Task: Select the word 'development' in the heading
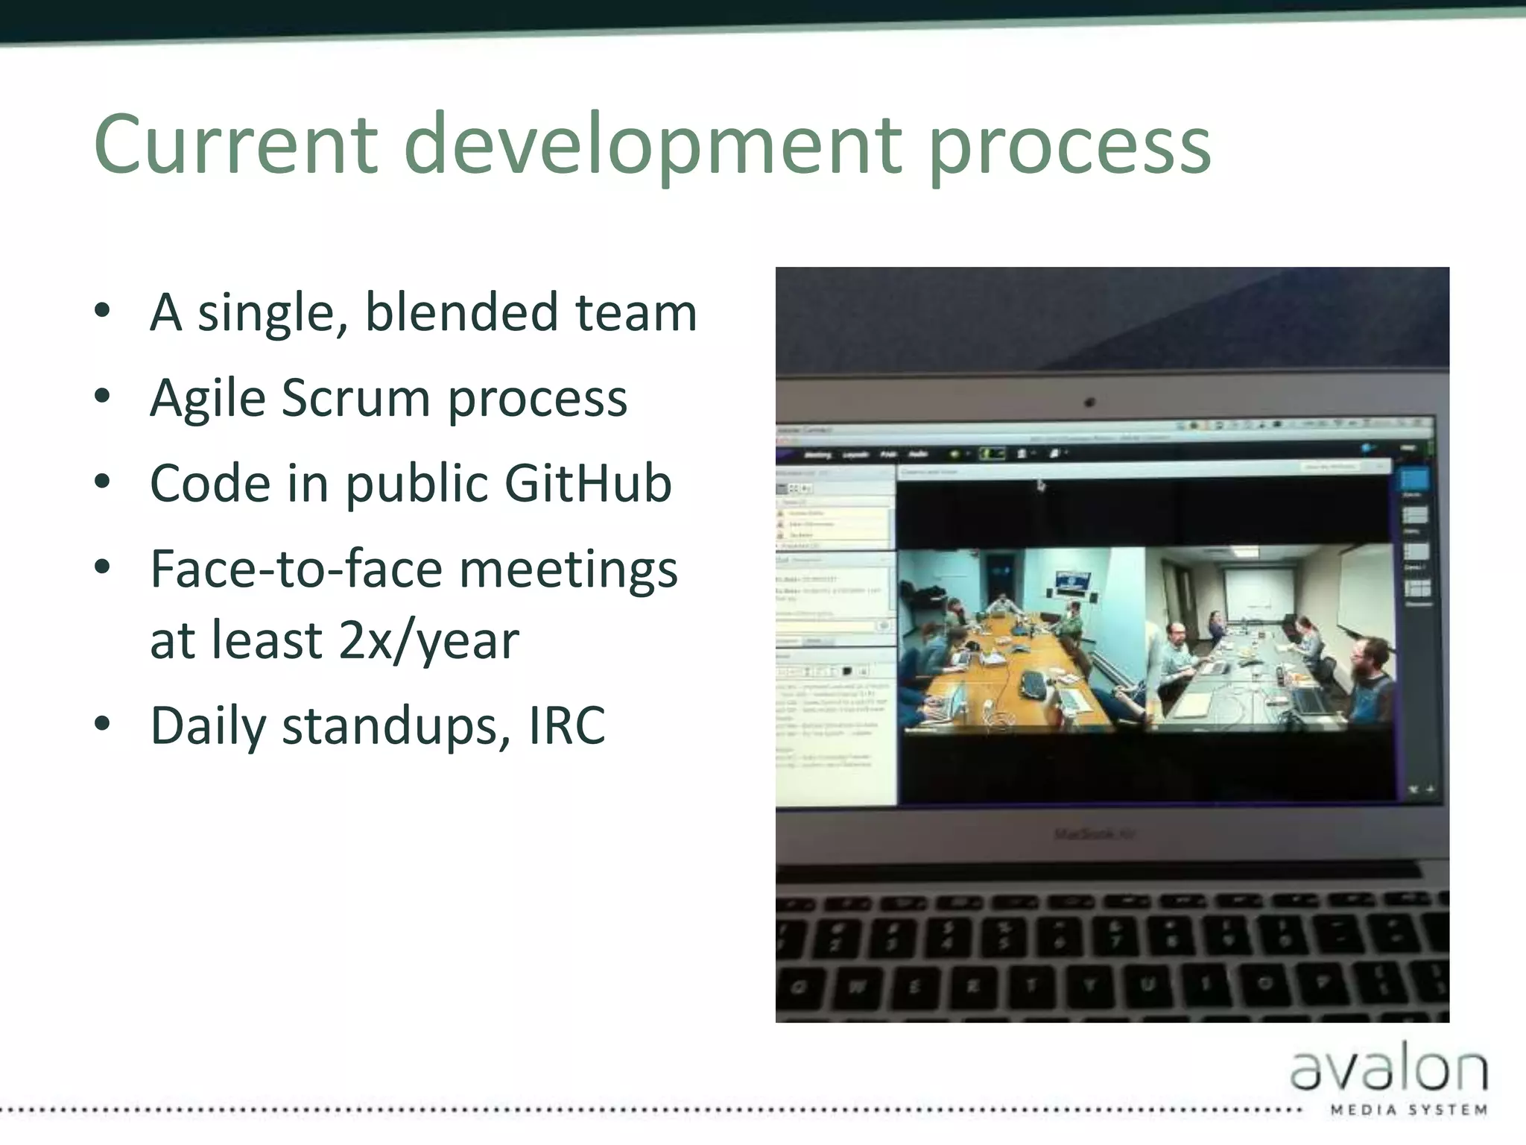(653, 145)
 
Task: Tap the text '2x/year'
(428, 641)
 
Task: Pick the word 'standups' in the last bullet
(396, 726)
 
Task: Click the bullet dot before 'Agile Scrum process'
(103, 396)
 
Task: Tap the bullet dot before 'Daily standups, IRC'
(103, 723)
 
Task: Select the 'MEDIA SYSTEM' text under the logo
(1409, 1110)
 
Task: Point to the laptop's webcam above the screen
(1089, 403)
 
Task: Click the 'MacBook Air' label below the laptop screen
(1094, 833)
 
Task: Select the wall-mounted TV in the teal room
(1074, 581)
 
